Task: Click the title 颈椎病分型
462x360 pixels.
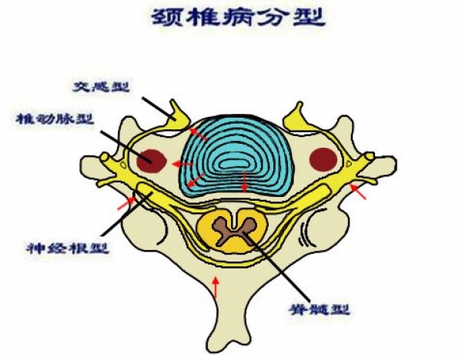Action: tap(238, 17)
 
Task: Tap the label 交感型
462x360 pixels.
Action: tap(101, 87)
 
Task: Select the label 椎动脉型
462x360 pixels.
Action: tap(55, 119)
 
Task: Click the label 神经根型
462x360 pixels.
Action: tap(68, 248)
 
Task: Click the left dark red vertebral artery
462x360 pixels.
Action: tap(152, 161)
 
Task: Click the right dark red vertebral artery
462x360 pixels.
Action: tap(323, 160)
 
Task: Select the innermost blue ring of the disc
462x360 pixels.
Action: tap(235, 164)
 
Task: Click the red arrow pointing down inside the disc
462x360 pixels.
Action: tap(245, 181)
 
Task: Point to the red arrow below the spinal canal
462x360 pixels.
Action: tap(216, 286)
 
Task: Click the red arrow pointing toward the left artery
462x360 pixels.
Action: tap(182, 164)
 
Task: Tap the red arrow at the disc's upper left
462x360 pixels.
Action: tap(198, 134)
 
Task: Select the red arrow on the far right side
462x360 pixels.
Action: tap(358, 191)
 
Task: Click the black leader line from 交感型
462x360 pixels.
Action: tap(159, 108)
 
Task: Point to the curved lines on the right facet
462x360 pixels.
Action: tap(305, 235)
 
